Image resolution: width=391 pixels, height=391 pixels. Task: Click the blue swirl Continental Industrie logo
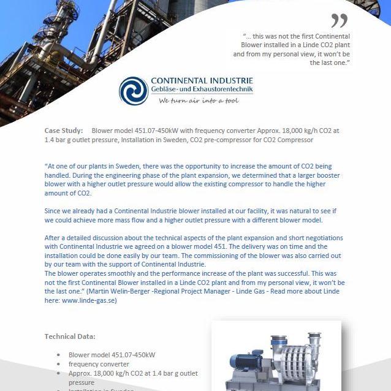(133, 91)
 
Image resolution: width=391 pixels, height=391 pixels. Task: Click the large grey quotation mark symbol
(339, 20)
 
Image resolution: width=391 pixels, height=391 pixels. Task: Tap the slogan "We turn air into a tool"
(198, 101)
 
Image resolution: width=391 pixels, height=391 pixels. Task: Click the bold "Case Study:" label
(63, 131)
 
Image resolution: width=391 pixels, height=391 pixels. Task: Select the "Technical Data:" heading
(69, 336)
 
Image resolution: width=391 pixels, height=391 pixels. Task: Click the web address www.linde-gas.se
(90, 300)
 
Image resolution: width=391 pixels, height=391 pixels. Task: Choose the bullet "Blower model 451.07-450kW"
(112, 354)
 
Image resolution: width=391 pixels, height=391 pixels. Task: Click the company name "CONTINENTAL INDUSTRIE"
(202, 81)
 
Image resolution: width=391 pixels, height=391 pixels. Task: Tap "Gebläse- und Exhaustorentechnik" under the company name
(202, 91)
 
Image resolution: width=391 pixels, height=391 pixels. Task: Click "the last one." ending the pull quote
(330, 63)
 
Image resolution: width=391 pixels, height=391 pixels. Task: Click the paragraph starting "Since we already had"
(191, 215)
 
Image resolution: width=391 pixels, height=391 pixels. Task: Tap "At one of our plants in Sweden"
(98, 165)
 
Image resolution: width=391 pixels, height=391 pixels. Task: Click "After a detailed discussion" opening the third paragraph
(88, 238)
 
